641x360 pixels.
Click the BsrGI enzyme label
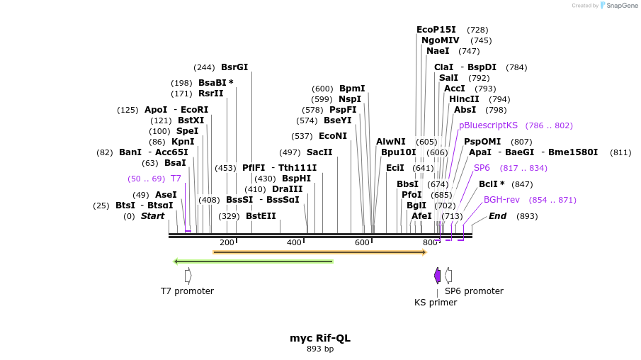tap(234, 67)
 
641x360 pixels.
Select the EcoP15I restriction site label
tap(436, 30)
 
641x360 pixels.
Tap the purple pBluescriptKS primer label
tap(488, 125)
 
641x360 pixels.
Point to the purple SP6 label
tap(482, 168)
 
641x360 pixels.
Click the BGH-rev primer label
tap(501, 200)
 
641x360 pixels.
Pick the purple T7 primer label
tap(176, 179)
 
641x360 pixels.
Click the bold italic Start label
tap(152, 216)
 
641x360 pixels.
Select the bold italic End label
tap(497, 216)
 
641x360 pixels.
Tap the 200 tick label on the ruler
tap(227, 243)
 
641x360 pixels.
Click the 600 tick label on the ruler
tap(363, 243)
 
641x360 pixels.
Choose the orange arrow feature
tap(319, 252)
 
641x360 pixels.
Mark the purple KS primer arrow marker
tap(438, 275)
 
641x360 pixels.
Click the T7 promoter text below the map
tap(187, 291)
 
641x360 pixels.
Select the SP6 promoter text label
tap(474, 291)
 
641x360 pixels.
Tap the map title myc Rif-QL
tap(320, 338)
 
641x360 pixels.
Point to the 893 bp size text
tap(320, 349)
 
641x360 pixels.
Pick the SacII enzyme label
tap(319, 152)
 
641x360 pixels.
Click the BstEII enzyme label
tap(261, 216)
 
